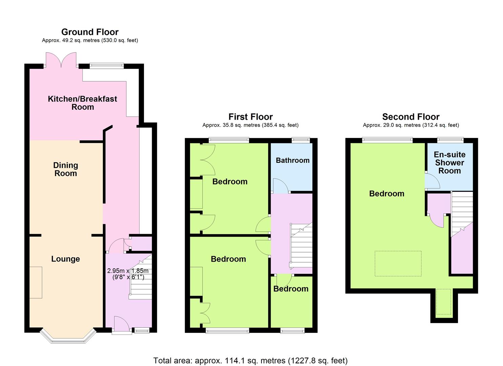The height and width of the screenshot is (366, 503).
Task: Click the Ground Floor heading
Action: click(90, 32)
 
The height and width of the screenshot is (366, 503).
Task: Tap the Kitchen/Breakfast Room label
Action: click(82, 103)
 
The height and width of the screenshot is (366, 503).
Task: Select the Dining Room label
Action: click(66, 169)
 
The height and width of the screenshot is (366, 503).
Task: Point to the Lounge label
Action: click(66, 259)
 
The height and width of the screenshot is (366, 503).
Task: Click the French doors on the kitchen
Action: click(61, 60)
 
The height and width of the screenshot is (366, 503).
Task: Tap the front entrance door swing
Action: click(122, 324)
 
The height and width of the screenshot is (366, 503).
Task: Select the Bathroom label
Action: click(293, 160)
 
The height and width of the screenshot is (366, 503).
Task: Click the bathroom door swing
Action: click(280, 186)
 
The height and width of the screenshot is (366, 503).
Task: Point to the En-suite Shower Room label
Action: click(449, 163)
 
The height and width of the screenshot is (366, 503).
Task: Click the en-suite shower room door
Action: click(432, 181)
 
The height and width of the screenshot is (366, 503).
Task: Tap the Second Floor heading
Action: click(411, 117)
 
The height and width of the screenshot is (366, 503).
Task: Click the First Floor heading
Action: click(251, 117)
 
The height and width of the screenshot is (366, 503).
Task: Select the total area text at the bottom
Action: click(250, 361)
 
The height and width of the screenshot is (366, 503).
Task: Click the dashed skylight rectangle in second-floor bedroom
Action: click(398, 264)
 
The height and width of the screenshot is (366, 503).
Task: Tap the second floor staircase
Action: click(462, 214)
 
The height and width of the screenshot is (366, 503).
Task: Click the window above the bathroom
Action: click(301, 140)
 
